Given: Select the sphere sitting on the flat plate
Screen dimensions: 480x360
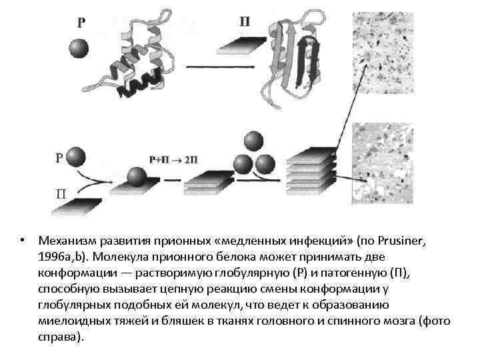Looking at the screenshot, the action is point(137,177).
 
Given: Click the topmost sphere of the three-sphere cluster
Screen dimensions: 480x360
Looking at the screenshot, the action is point(253,141).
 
